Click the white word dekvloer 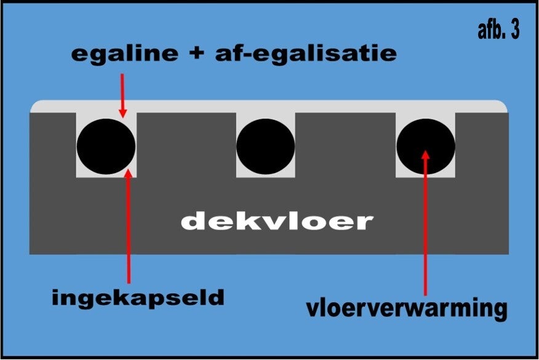tap(277, 221)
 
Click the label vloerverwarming tap(407, 307)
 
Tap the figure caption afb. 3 tap(498, 31)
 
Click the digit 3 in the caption tap(514, 31)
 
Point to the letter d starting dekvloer tap(193, 221)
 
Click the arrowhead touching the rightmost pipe tap(425, 154)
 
